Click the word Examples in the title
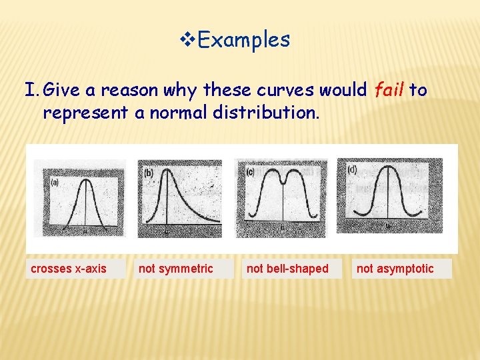(244, 40)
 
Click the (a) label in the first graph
(55, 181)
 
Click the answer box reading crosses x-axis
(69, 269)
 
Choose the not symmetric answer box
(175, 269)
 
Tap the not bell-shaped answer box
(287, 269)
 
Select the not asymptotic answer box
(395, 269)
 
